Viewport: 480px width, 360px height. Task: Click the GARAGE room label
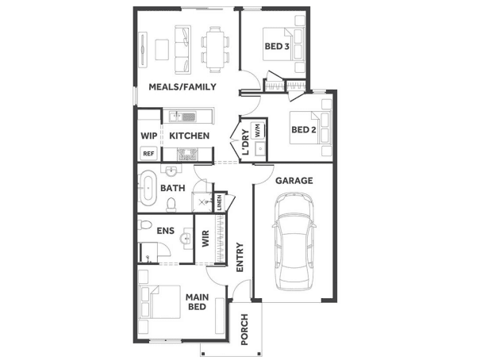coord(294,181)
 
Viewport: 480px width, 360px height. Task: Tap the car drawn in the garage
coord(294,241)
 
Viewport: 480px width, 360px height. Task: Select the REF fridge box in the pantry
coord(149,154)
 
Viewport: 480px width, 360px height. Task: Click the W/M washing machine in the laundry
coord(258,131)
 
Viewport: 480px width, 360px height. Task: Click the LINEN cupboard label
coord(220,202)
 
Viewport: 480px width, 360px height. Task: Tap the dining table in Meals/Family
coord(215,49)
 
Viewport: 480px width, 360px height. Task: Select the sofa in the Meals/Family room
coord(183,50)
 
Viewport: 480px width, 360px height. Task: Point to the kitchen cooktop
coord(188,154)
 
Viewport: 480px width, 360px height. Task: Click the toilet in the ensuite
coord(144,225)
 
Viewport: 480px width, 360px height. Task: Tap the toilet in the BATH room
coord(171,205)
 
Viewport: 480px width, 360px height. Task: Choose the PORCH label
coord(244,329)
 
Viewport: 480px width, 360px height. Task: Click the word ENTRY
coord(240,257)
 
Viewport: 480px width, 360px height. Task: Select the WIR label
coord(205,239)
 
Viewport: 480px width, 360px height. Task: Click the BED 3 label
coord(277,47)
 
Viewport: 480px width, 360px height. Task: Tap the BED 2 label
coord(304,130)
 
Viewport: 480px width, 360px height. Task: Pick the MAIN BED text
coord(197,302)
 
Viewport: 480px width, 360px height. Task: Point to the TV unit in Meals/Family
coord(143,49)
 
